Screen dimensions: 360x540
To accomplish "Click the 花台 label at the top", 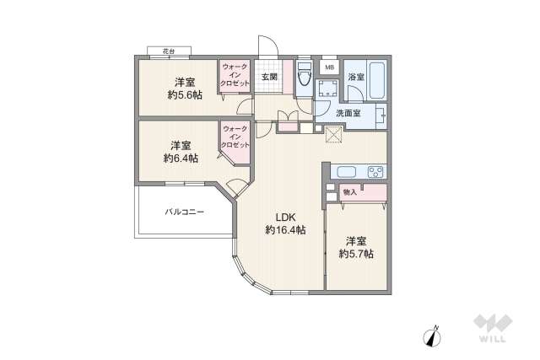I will [170, 52].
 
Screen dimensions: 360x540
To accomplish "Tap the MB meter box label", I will [329, 67].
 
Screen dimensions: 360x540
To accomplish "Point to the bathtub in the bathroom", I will [377, 79].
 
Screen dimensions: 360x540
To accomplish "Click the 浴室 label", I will [355, 78].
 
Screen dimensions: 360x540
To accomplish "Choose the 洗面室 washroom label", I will [348, 113].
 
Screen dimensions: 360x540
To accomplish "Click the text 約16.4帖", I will [284, 229].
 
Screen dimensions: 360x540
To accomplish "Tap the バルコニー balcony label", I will [185, 212].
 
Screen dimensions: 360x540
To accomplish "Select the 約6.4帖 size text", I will [181, 158].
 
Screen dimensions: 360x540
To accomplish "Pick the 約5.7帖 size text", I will [356, 253].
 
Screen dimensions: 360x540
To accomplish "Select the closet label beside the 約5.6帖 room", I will [235, 77].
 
